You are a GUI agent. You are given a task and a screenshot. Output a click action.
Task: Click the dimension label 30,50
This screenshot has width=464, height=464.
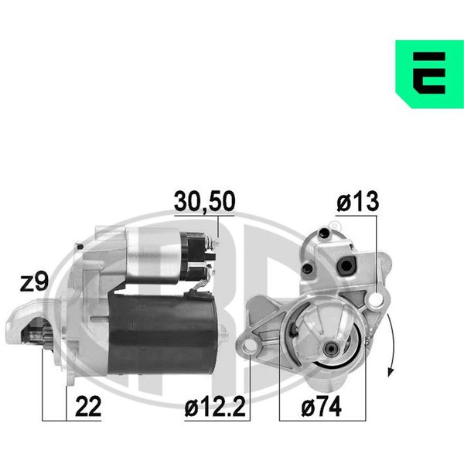coord(204,201)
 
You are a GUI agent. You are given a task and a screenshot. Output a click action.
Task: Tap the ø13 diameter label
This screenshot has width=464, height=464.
coord(357,202)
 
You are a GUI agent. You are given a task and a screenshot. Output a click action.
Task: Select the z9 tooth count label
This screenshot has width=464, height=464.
coord(34,282)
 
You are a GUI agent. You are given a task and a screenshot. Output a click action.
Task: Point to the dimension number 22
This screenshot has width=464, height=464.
coord(88,407)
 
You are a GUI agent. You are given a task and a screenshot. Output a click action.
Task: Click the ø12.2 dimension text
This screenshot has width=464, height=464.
coord(215,408)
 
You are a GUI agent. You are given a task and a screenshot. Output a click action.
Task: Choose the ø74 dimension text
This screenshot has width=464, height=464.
coord(321,408)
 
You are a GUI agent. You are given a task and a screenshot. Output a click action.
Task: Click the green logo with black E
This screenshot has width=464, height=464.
coord(430,74)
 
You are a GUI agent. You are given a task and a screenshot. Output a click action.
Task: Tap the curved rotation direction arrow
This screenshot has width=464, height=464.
coord(392,345)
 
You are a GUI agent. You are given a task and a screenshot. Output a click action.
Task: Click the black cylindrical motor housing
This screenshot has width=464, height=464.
coord(162,333)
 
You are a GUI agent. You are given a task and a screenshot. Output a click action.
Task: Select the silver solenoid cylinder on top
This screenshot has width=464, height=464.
coord(153,255)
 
